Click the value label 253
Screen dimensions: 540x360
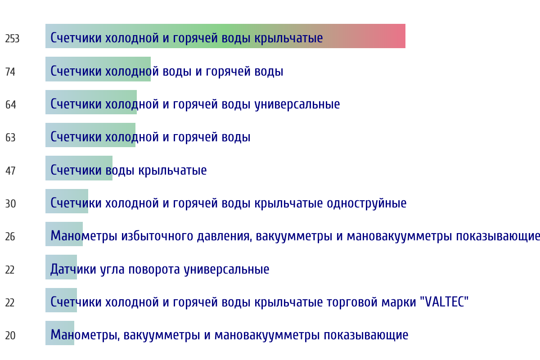point(12,39)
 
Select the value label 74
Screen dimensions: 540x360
point(10,72)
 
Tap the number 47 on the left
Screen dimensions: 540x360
point(10,171)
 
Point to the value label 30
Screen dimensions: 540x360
point(10,204)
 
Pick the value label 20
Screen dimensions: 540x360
point(10,336)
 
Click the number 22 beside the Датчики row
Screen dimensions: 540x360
point(10,270)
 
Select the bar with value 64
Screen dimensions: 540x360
point(91,102)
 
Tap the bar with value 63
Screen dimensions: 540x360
point(90,135)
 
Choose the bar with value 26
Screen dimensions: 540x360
point(64,234)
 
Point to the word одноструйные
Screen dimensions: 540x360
point(367,203)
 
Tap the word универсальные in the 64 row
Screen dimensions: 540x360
point(297,104)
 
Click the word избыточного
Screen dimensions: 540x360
point(157,236)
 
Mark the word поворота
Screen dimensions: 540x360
point(154,270)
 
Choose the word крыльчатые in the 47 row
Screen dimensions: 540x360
point(172,170)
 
